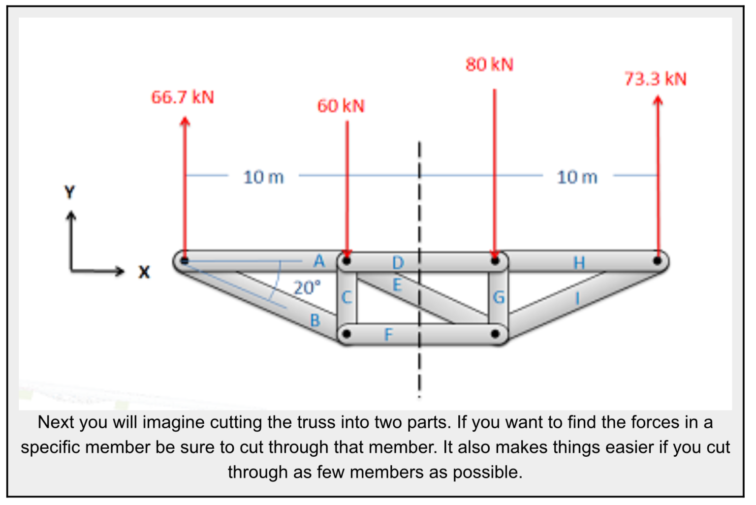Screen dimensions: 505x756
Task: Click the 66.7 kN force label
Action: (183, 97)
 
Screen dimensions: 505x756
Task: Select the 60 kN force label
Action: (341, 106)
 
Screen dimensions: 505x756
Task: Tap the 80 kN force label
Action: (489, 64)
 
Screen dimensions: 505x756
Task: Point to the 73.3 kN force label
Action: (655, 79)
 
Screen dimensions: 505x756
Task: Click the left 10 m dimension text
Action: (263, 177)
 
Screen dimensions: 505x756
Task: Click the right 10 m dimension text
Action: (577, 177)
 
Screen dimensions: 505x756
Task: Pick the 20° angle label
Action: (307, 287)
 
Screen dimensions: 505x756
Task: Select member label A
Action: (319, 261)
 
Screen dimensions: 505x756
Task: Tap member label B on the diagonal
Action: (315, 320)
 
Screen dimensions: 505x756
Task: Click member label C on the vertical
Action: (346, 297)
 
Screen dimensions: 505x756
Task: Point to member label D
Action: (398, 263)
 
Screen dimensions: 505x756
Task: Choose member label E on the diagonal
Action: (397, 285)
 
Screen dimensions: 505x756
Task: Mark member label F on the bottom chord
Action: (388, 335)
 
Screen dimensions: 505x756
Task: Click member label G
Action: (499, 297)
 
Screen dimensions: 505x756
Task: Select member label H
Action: (579, 263)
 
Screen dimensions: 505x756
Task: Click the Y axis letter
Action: (70, 192)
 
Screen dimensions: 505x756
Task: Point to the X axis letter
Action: (144, 272)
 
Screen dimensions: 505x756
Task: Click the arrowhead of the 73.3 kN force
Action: (658, 100)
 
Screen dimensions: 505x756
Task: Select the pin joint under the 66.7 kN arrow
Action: (185, 260)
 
